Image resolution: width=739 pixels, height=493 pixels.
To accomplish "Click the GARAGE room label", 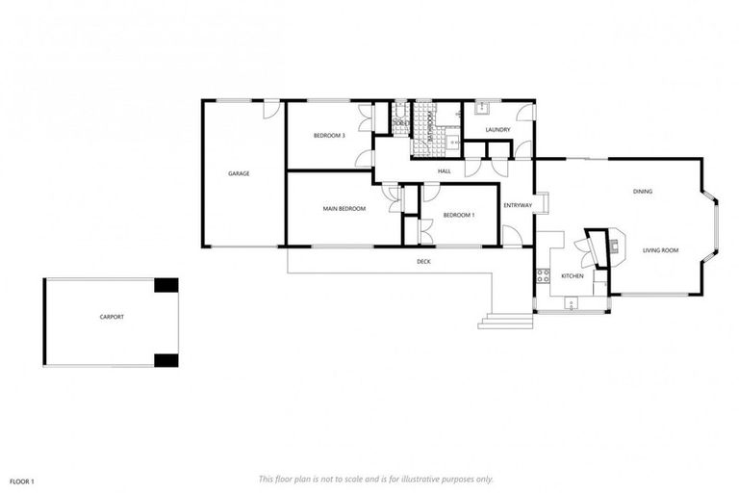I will [x=239, y=173].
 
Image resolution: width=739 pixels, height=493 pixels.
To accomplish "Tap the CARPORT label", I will [x=112, y=317].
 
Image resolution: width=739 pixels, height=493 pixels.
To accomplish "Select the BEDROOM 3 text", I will [x=329, y=136].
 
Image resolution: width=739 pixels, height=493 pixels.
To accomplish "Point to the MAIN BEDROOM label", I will [x=344, y=209].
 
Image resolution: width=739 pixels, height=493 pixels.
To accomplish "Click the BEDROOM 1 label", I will [x=459, y=215].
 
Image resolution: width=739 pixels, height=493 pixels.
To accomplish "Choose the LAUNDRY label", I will [x=497, y=129].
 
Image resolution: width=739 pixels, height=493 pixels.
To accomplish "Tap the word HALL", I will [x=444, y=171].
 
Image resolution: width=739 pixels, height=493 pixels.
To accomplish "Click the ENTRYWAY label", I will [x=518, y=205].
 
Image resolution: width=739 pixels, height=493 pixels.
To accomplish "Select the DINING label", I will [x=643, y=192].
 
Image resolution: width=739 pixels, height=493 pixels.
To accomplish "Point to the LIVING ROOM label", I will [x=661, y=250].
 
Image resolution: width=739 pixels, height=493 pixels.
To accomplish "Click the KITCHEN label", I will [x=573, y=276].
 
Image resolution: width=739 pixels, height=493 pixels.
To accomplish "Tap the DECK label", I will [x=423, y=262].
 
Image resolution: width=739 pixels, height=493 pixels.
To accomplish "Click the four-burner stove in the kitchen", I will [x=542, y=277].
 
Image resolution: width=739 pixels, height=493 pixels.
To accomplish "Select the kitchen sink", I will [x=572, y=305].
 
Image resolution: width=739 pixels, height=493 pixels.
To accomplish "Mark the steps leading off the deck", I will [x=505, y=321].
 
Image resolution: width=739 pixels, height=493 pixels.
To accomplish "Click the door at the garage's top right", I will [x=272, y=110].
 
